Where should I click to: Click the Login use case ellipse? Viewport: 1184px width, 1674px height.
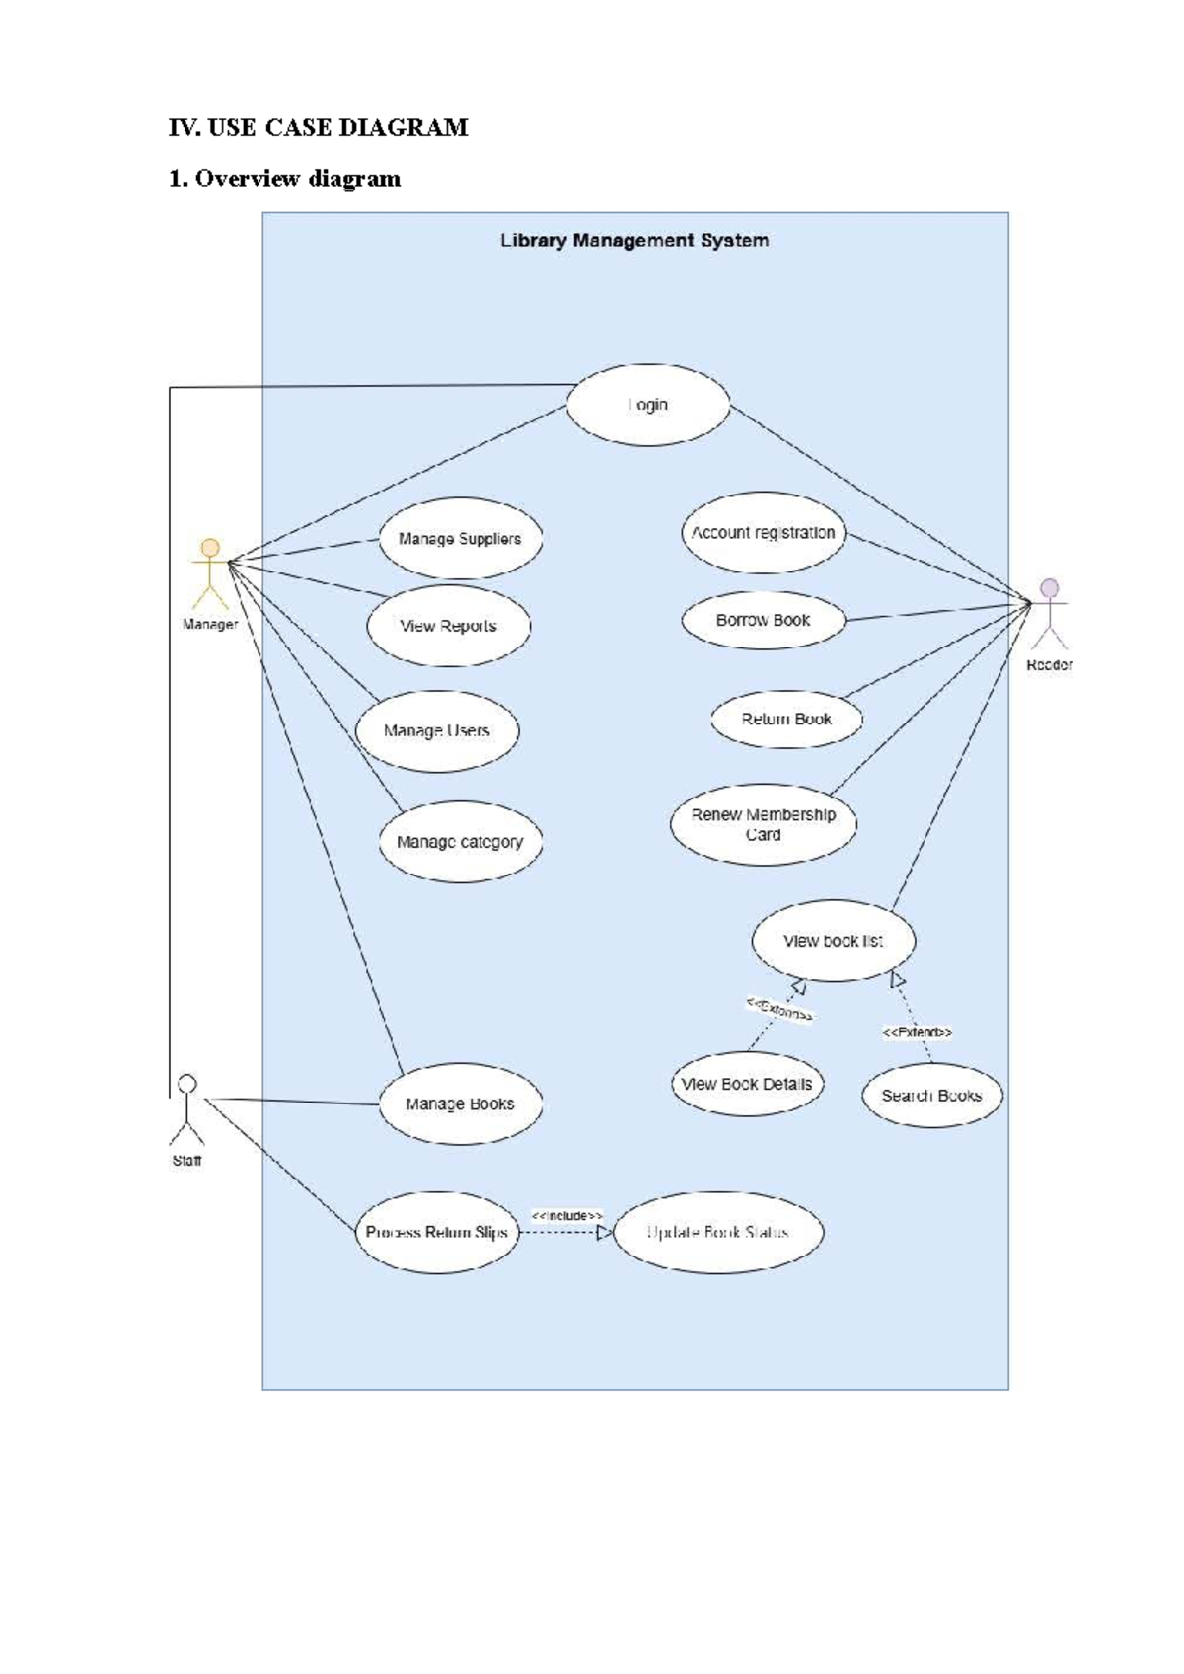(x=648, y=405)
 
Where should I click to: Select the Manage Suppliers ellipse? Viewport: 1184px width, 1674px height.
(x=460, y=539)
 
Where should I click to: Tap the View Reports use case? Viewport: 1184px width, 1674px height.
(x=448, y=626)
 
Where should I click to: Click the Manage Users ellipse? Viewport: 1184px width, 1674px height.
(x=436, y=731)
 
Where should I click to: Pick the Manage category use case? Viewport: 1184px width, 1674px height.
(x=460, y=842)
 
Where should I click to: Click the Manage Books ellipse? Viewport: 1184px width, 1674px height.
(x=460, y=1103)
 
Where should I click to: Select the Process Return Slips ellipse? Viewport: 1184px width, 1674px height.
(x=436, y=1232)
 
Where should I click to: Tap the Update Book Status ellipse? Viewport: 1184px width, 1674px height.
(x=717, y=1232)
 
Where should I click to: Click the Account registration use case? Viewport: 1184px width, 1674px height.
(x=763, y=533)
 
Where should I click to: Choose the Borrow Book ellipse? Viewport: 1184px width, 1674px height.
(x=763, y=620)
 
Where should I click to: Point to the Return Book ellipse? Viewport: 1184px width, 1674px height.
(x=786, y=719)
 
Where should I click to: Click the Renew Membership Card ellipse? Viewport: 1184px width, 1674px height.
(x=763, y=824)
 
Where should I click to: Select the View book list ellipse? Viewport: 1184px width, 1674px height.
(x=833, y=941)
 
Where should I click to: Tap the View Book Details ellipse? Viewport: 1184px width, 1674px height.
(x=746, y=1084)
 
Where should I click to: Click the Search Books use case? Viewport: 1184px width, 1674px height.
(x=931, y=1096)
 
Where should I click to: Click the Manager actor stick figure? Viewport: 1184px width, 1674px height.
(x=210, y=574)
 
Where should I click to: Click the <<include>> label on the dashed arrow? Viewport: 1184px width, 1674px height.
(x=567, y=1215)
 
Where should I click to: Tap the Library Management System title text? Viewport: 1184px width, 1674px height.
(x=634, y=240)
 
